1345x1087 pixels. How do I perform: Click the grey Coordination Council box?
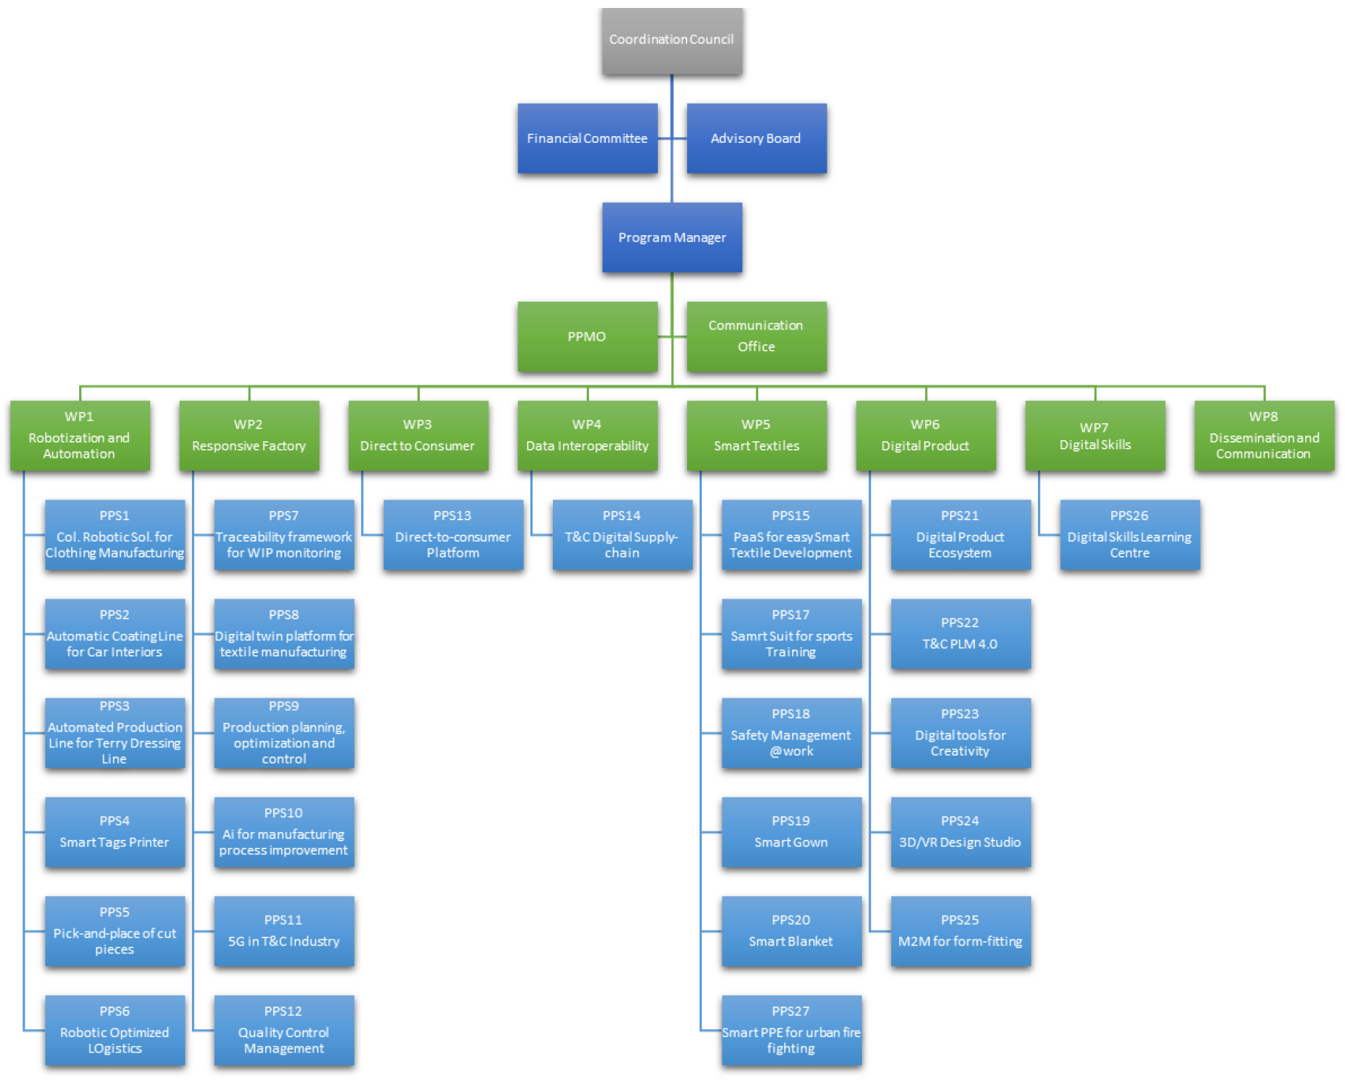(x=672, y=41)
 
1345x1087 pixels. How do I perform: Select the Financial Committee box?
(x=587, y=138)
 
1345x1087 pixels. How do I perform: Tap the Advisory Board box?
(x=756, y=138)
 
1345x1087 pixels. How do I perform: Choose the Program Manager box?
(x=672, y=237)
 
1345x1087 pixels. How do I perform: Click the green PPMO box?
(x=587, y=336)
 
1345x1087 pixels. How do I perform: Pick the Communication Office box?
(x=756, y=336)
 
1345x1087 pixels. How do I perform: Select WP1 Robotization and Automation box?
(x=80, y=435)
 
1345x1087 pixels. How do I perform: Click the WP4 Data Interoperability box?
(x=587, y=435)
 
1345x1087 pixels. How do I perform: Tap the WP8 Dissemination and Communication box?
(x=1264, y=435)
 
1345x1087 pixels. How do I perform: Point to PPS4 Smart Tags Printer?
(x=115, y=832)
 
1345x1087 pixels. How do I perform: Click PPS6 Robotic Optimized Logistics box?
(x=115, y=1030)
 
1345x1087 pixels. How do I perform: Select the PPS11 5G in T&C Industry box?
(x=284, y=931)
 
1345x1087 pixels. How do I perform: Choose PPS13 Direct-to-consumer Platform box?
(x=453, y=534)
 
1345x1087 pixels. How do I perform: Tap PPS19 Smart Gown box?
(x=791, y=832)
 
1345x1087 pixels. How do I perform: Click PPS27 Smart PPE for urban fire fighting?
(x=791, y=1030)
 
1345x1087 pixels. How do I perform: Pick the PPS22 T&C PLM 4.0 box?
(x=960, y=633)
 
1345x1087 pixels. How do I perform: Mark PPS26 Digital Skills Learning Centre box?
(x=1130, y=534)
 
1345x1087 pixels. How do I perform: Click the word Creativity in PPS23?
(x=960, y=751)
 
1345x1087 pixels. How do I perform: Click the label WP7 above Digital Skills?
(x=1094, y=427)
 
